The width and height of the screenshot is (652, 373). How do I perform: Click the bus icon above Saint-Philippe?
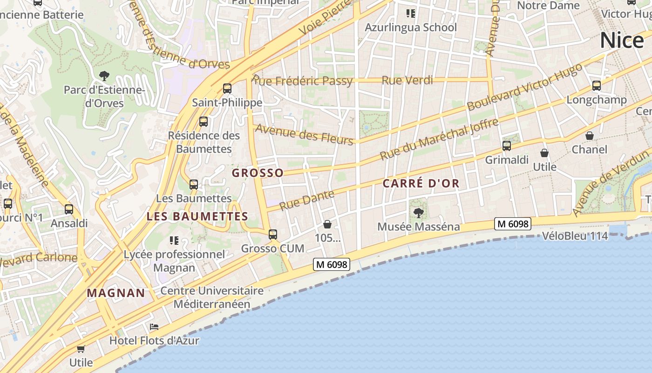pyautogui.click(x=227, y=89)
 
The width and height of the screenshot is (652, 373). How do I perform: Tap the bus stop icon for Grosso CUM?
pyautogui.click(x=273, y=234)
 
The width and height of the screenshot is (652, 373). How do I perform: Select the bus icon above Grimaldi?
pyautogui.click(x=507, y=146)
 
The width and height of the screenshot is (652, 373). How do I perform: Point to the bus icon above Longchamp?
pyautogui.click(x=597, y=86)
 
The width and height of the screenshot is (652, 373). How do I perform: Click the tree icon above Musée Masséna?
pyautogui.click(x=419, y=213)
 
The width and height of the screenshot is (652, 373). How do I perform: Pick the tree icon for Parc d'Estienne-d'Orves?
pyautogui.click(x=104, y=76)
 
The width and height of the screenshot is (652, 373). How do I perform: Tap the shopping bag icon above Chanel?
pyautogui.click(x=590, y=136)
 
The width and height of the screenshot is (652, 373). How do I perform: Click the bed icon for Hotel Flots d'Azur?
pyautogui.click(x=154, y=327)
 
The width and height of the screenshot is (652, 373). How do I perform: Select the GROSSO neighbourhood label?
pyautogui.click(x=258, y=173)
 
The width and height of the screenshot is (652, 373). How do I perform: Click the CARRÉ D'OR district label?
pyautogui.click(x=421, y=184)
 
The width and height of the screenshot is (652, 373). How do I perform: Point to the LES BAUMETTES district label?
pyautogui.click(x=197, y=217)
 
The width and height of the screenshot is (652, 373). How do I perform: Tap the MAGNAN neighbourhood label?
pyautogui.click(x=116, y=293)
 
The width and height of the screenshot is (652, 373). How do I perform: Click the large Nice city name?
pyautogui.click(x=621, y=41)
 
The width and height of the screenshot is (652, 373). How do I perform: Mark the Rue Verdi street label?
pyautogui.click(x=407, y=80)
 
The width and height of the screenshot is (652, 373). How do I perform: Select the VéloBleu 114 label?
pyautogui.click(x=575, y=236)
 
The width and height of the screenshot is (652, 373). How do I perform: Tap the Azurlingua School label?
pyautogui.click(x=410, y=28)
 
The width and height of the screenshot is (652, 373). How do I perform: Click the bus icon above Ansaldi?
pyautogui.click(x=69, y=209)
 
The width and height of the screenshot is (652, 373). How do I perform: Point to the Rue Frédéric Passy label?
pyautogui.click(x=302, y=80)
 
